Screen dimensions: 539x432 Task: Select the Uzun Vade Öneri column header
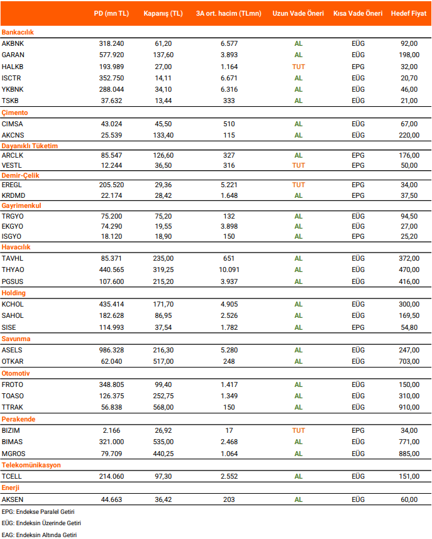(x=298, y=13)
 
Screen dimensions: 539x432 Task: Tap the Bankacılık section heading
(x=18, y=32)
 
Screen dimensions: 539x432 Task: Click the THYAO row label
(x=13, y=269)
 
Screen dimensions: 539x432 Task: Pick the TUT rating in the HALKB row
(x=298, y=67)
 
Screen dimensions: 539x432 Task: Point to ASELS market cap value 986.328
(x=111, y=350)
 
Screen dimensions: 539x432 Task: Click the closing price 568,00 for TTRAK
(x=163, y=407)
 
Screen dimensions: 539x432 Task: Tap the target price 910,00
(x=409, y=407)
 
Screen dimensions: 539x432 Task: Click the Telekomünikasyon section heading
(x=31, y=465)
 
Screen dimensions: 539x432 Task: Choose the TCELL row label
(x=13, y=477)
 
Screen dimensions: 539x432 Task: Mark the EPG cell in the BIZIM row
(x=358, y=430)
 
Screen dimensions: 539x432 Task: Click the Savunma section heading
(x=15, y=339)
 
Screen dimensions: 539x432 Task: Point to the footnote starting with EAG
(x=39, y=534)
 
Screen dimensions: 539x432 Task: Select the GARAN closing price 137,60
(x=163, y=55)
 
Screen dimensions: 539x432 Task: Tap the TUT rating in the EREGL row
(x=298, y=185)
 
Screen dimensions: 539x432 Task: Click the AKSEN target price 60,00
(x=409, y=499)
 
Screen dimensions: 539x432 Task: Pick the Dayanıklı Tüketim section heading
(x=30, y=146)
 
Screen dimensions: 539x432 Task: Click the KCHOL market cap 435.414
(x=111, y=304)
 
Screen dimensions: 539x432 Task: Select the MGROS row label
(x=14, y=454)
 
